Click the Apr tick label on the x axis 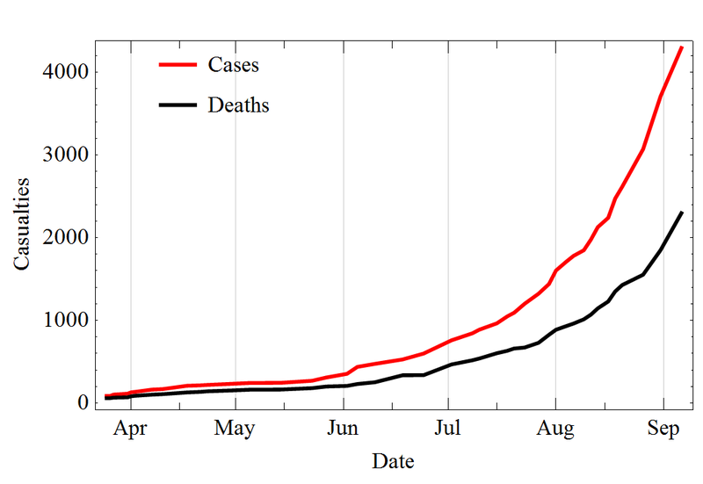point(130,430)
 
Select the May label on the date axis point(235,430)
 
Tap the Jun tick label point(343,430)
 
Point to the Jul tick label point(448,430)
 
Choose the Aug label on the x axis point(555,430)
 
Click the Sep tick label point(663,430)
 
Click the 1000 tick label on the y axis point(67,321)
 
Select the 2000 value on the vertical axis point(67,238)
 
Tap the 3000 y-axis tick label point(67,155)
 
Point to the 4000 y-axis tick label point(67,72)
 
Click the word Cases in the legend point(233,64)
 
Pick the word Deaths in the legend point(238,105)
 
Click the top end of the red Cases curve point(682,47)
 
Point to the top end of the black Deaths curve point(682,213)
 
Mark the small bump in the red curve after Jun point(358,366)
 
